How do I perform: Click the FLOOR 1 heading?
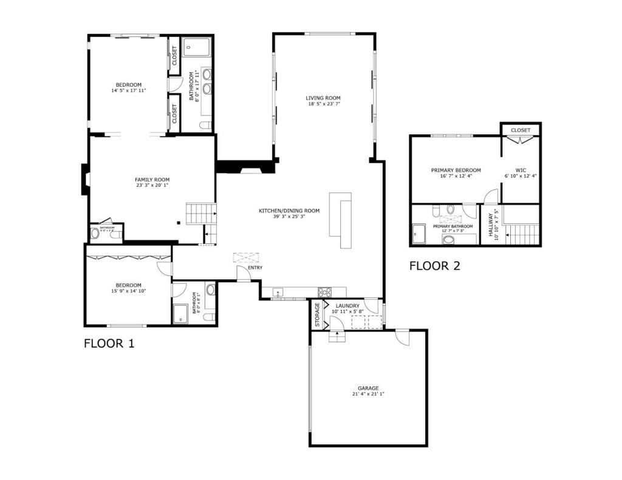109,343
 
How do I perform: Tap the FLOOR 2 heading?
434,265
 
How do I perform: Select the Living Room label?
323,98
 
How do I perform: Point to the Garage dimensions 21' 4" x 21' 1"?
368,394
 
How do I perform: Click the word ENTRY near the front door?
255,268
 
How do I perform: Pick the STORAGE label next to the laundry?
317,314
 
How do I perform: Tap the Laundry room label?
346,306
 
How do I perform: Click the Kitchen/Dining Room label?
289,211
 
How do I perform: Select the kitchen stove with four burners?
324,292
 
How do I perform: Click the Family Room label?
152,180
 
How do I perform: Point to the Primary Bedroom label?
456,170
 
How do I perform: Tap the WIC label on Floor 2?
521,170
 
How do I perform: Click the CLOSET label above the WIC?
521,130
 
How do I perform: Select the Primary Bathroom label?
449,226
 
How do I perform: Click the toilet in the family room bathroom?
95,233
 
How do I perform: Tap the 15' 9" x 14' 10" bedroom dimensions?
128,291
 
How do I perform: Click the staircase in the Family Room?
201,214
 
